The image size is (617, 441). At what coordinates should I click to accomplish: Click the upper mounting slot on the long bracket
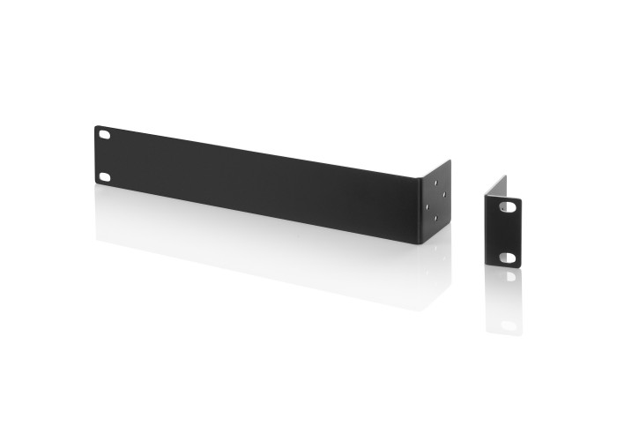point(104,136)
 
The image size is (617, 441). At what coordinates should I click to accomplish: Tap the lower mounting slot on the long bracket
point(104,176)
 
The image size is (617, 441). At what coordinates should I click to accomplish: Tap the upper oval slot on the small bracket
point(509,206)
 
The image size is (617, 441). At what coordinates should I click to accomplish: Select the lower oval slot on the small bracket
point(509,257)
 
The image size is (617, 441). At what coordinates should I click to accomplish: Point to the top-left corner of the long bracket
point(95,126)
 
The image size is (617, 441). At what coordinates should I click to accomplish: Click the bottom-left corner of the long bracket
point(95,184)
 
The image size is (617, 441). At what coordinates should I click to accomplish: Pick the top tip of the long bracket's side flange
point(450,161)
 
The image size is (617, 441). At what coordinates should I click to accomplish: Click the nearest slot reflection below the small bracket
point(509,277)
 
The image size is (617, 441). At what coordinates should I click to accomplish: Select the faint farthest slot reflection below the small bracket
point(509,324)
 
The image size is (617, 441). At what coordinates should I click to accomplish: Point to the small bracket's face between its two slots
point(504,231)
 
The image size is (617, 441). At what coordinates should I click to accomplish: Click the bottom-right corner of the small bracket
point(521,267)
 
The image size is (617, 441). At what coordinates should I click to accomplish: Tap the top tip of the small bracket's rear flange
point(505,176)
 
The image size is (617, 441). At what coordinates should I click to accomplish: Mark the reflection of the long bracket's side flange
point(436,265)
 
